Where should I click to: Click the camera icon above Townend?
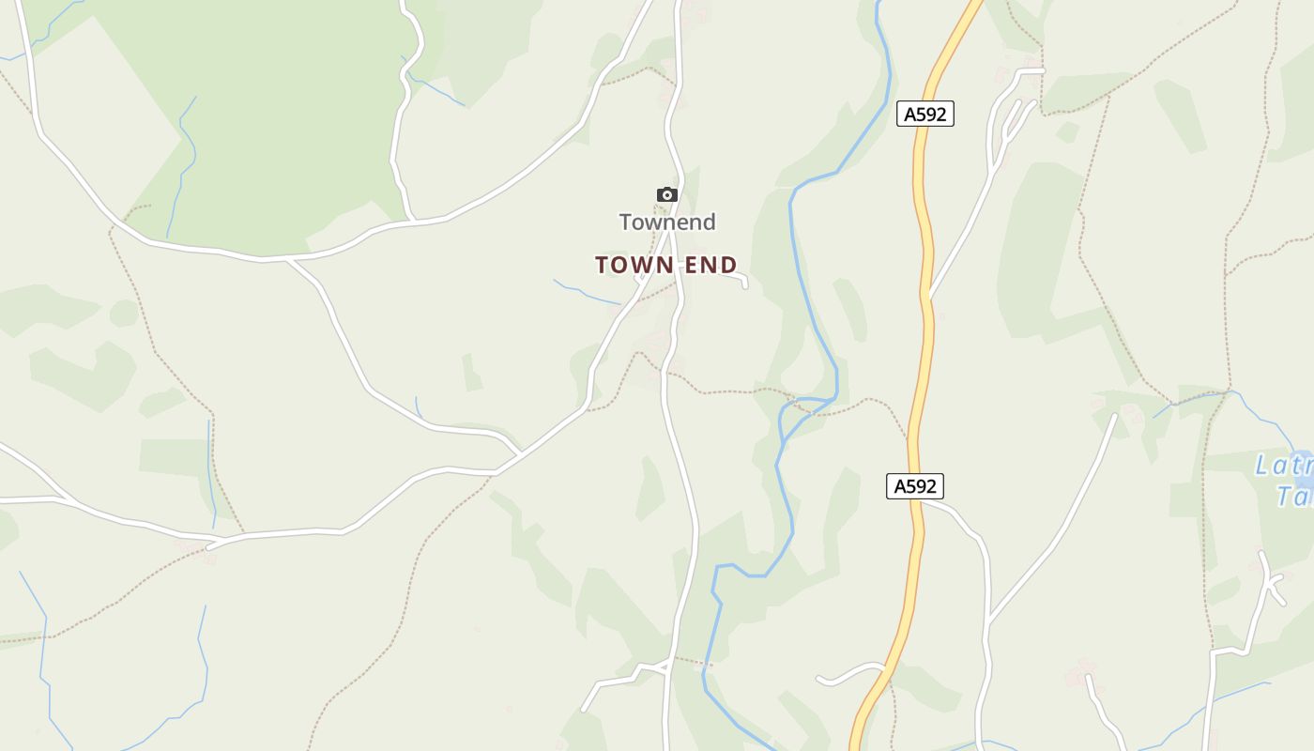666,195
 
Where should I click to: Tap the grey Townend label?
666,222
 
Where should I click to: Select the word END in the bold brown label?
710,266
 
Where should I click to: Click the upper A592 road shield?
925,115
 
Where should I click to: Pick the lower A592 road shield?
914,486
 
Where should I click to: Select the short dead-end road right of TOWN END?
737,276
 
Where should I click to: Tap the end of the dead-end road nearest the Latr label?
1115,416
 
